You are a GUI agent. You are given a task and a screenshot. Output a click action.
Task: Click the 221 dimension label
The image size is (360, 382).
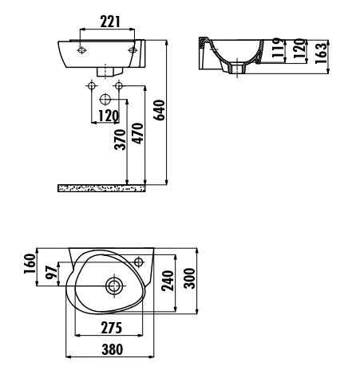110,22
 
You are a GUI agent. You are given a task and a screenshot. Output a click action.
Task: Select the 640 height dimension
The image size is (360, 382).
160,110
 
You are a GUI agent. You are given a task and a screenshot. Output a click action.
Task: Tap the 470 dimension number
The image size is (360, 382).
138,133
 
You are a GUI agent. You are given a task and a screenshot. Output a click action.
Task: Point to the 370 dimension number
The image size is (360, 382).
120,140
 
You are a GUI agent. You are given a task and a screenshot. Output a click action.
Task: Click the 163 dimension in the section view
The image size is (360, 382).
321,53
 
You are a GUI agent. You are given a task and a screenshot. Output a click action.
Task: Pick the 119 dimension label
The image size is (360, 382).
277,48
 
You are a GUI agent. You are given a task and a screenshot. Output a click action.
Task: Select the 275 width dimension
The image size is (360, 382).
112,328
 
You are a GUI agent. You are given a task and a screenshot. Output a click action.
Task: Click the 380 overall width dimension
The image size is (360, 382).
113,349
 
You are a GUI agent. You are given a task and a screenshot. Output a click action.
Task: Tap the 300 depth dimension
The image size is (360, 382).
190,278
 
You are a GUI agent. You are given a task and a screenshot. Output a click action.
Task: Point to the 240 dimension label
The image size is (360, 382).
168,281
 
